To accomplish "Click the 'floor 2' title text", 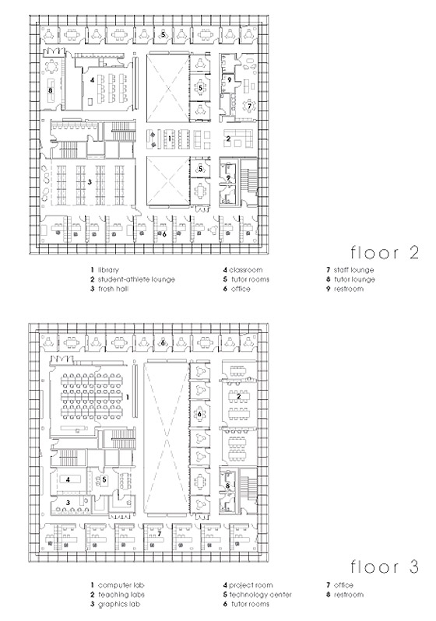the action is pos(385,252).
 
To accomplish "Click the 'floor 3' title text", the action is pos(385,567).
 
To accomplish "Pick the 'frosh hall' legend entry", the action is pos(110,289).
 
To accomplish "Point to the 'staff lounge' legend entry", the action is pos(350,270).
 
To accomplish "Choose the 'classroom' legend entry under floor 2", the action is pos(243,270).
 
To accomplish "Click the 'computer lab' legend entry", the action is pos(118,585).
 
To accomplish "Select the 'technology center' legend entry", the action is pos(257,595).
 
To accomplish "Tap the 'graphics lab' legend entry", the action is pos(115,604).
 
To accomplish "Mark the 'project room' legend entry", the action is pos(248,585).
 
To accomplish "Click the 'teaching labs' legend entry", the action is pos(118,595).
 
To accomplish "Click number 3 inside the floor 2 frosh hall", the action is pos(90,182).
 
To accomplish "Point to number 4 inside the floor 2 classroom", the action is pos(92,80).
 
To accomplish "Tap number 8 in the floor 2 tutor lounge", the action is pos(51,90).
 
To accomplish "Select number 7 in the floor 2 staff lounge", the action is pos(249,106).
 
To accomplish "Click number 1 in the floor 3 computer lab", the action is pos(127,396).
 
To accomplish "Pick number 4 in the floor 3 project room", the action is pos(69,479).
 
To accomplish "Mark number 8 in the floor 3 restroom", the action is pos(228,486).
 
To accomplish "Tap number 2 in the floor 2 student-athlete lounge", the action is pos(228,139).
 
